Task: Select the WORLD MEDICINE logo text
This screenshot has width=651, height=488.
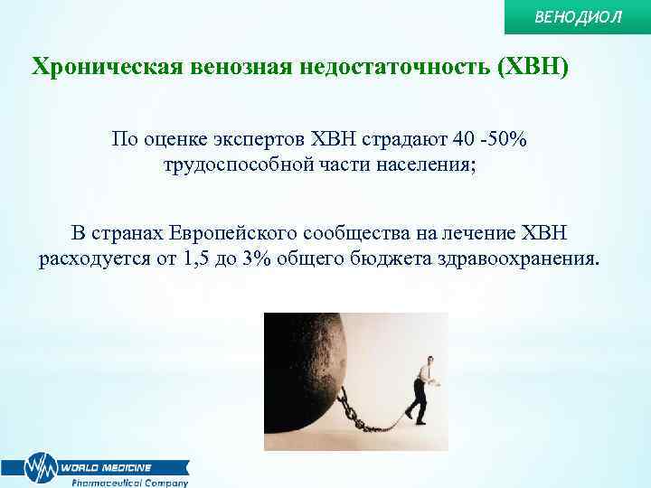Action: coord(107,467)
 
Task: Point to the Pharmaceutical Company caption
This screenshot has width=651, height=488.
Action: coord(129,483)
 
